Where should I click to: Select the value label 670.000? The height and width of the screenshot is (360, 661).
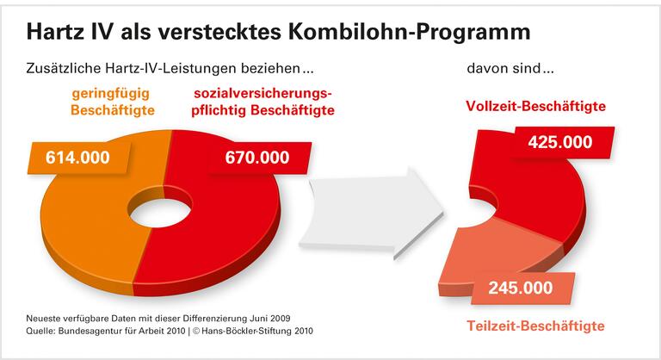coord(257,158)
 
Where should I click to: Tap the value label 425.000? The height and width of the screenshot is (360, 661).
coord(559,142)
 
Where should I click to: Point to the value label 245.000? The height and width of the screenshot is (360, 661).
coord(520,289)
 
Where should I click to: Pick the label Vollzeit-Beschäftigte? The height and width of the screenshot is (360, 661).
coord(535,106)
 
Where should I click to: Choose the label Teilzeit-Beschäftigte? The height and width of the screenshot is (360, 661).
coord(536,326)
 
